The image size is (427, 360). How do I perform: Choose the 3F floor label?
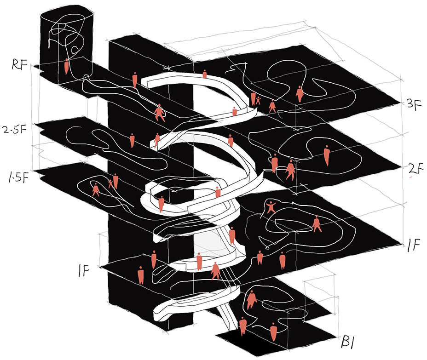click(412, 103)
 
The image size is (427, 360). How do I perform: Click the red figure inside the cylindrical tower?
click(67, 66)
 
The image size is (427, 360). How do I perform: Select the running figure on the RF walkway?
click(159, 113)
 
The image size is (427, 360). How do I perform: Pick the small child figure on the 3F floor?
click(259, 100)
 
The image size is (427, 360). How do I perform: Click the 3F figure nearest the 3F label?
click(300, 94)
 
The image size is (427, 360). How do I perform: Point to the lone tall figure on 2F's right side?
click(327, 155)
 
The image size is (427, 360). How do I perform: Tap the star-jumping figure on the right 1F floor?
click(271, 206)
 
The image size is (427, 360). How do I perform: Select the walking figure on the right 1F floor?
click(317, 224)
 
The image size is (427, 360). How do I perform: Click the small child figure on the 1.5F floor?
click(110, 183)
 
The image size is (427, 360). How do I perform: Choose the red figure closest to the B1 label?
click(273, 331)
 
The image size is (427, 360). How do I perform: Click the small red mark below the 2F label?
click(411, 177)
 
